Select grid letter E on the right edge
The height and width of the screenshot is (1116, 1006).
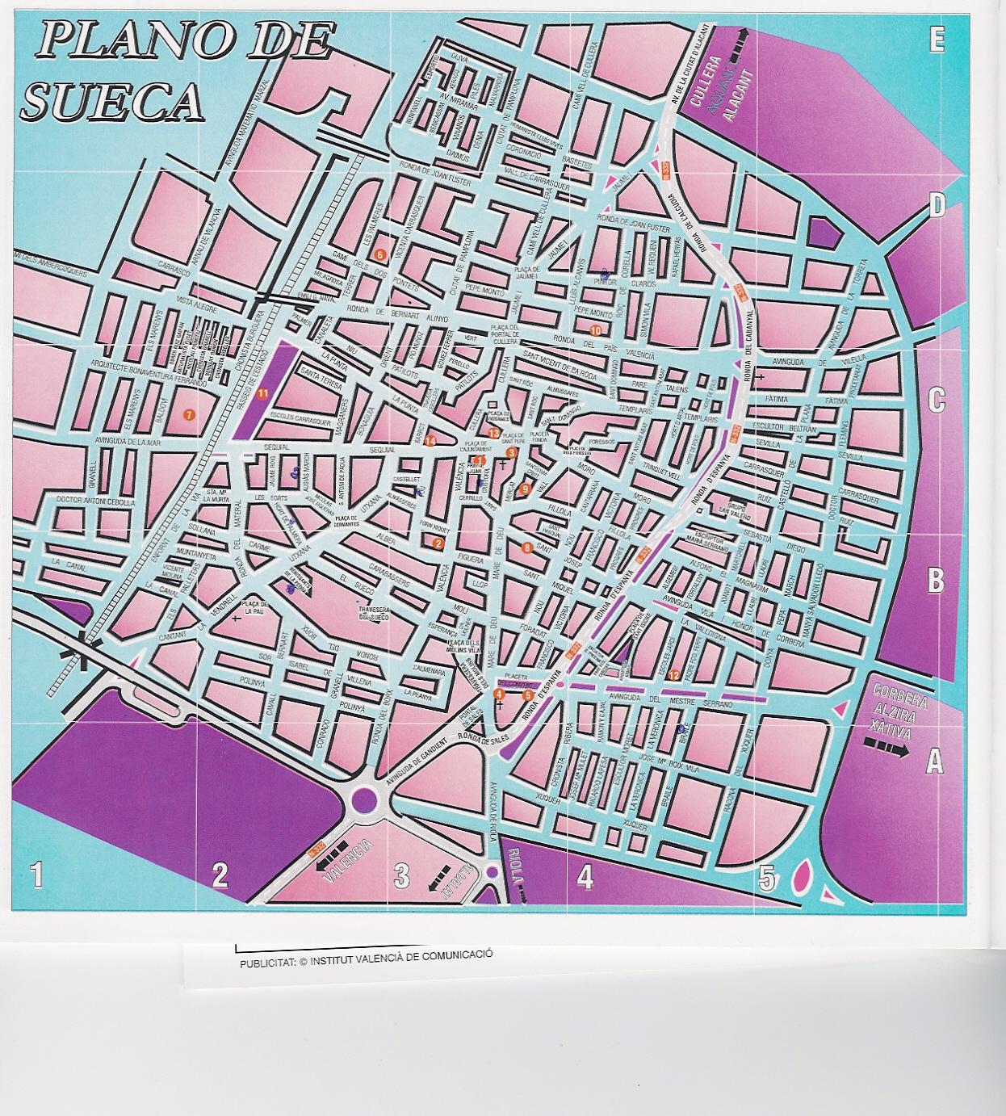coord(937,40)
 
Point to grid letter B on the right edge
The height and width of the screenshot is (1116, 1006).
coord(935,579)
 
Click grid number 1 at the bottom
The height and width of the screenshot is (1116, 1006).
coord(36,875)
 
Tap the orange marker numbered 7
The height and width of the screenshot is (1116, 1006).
coord(189,415)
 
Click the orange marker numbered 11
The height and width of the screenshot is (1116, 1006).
coord(262,394)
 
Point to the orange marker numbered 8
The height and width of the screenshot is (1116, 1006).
coord(527,548)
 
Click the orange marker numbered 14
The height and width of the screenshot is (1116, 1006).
coord(430,441)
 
